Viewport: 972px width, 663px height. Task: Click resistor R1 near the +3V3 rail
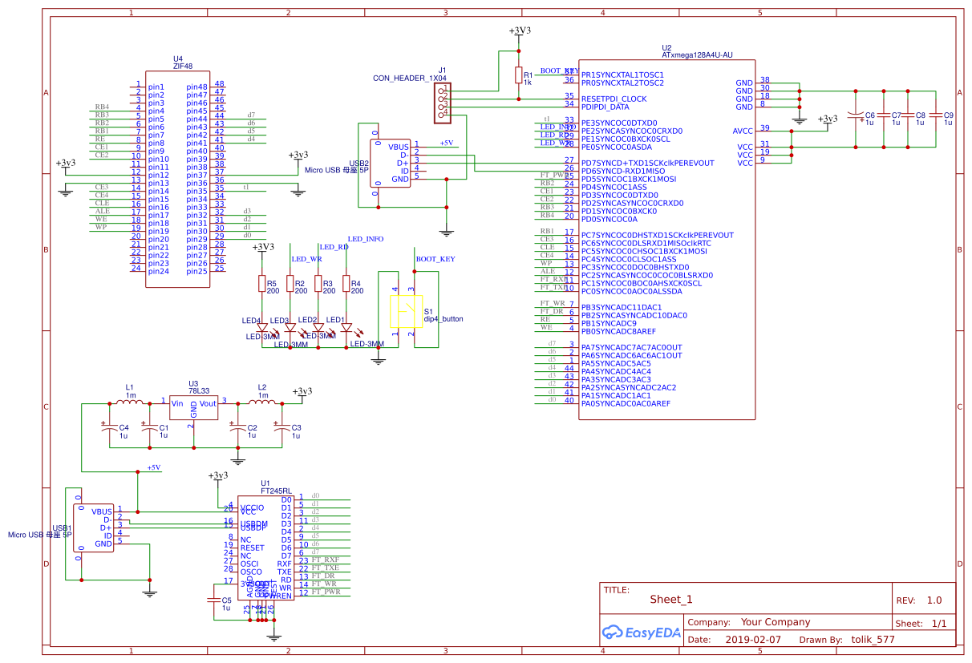click(518, 75)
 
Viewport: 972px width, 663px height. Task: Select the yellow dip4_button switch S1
click(405, 312)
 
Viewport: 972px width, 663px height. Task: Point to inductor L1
click(131, 402)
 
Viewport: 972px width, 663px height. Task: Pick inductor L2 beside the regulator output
click(262, 402)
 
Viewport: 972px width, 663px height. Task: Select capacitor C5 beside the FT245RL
click(214, 599)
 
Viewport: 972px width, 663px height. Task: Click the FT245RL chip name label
click(277, 490)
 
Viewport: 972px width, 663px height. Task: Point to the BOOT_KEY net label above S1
click(435, 259)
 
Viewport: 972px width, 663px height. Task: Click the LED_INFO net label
click(365, 239)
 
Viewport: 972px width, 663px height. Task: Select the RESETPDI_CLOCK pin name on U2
click(613, 99)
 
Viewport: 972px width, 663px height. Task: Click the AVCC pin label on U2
click(743, 131)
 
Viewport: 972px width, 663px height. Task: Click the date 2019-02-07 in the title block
click(752, 640)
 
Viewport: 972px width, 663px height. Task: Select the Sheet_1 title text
click(670, 599)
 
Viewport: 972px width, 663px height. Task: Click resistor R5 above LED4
click(261, 284)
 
